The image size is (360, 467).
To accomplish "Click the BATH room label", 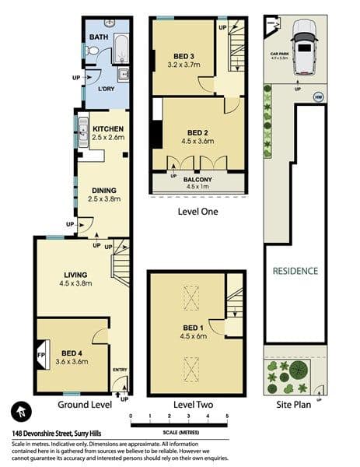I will point(99,37).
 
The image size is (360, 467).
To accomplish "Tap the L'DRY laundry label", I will point(107,90).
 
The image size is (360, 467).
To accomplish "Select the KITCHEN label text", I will point(108,128).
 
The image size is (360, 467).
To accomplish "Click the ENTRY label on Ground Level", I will point(120,370).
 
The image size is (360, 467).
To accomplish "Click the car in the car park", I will point(303,48).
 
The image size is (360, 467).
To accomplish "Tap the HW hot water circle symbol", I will point(317,97).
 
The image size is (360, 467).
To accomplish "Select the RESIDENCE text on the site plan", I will point(295,271).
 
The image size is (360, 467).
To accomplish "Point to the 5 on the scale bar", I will point(227,417).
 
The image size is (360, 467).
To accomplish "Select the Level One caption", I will point(197,211).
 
